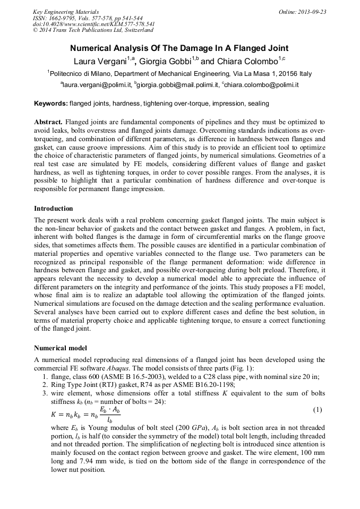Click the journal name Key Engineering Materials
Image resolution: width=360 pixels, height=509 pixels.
click(66, 12)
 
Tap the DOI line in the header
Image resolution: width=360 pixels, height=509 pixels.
click(93, 24)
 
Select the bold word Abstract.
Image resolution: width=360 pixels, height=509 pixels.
click(49, 122)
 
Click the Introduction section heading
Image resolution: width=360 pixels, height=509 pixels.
click(53, 209)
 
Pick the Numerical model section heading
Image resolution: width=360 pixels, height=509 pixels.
click(61, 348)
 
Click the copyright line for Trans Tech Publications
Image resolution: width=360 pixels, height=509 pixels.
click(93, 30)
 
